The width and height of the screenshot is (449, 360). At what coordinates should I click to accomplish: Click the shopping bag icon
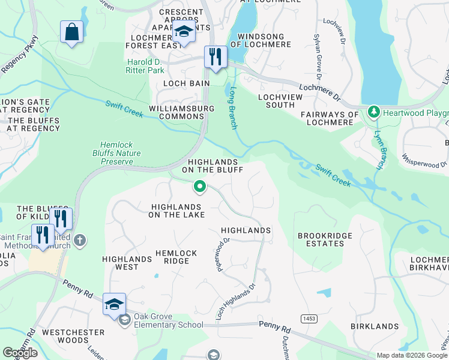coord(71,32)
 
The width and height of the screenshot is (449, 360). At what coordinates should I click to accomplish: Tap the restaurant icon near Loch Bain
coord(215,57)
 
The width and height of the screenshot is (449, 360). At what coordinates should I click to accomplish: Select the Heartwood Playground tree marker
coord(373,112)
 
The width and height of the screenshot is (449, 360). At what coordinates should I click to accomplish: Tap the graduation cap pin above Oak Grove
coord(114,304)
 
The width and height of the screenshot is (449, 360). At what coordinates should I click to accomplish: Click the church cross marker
coord(80,241)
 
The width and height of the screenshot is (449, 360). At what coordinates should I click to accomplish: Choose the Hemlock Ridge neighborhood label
coord(176,257)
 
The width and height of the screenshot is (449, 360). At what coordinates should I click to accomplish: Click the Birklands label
coord(373,326)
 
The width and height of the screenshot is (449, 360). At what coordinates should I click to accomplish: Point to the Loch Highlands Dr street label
coord(235,301)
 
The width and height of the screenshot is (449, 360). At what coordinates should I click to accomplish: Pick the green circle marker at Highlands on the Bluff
coord(199,188)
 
